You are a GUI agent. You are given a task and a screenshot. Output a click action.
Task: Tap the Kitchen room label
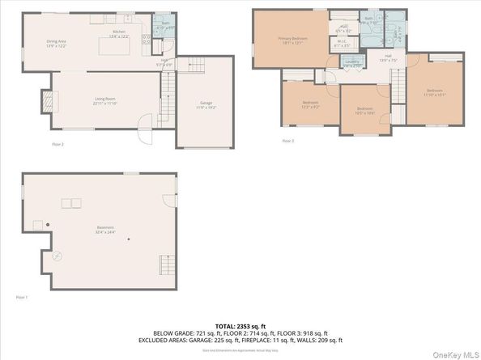(120, 34)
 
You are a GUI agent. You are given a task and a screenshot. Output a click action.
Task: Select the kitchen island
(112, 46)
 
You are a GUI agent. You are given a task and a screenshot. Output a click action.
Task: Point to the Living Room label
(106, 101)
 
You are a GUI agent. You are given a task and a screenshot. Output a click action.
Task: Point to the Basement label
(104, 229)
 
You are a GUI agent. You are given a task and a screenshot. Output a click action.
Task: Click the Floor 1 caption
(22, 298)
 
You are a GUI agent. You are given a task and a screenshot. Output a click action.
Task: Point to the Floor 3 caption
(287, 141)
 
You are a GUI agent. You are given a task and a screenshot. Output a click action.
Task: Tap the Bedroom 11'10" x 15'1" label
(435, 91)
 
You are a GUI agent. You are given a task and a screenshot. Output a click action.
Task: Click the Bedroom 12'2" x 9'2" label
(310, 104)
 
